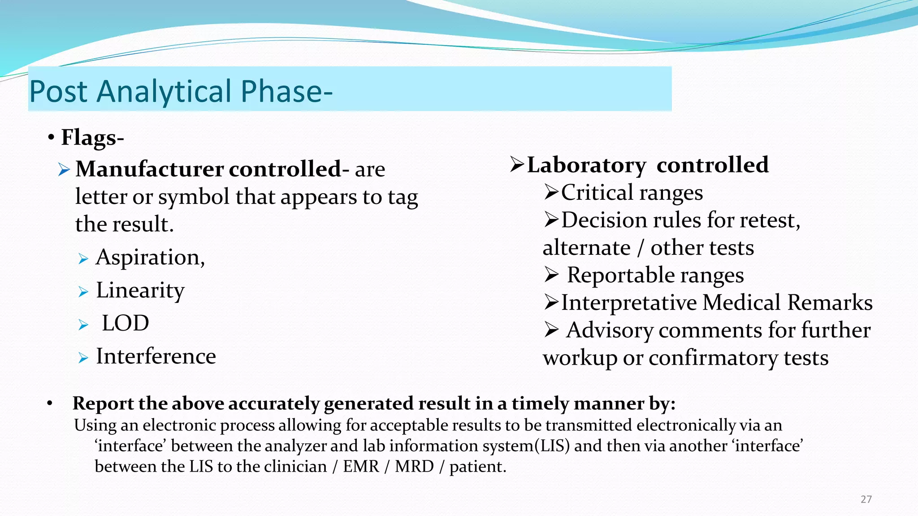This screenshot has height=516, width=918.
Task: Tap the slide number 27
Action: point(866,499)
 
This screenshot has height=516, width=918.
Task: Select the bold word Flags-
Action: point(92,137)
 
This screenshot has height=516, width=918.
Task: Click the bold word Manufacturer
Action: point(149,169)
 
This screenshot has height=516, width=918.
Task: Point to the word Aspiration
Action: point(150,258)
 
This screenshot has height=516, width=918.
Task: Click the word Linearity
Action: point(140,290)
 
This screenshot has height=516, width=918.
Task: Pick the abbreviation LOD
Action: point(125,323)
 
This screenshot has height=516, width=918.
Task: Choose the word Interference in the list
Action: point(156,357)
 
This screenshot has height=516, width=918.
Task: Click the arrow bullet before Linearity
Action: point(83,292)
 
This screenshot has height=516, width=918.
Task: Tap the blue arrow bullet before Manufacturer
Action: point(64,170)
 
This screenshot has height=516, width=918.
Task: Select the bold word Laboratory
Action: point(586,165)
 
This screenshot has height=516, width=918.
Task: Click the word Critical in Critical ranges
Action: point(597,193)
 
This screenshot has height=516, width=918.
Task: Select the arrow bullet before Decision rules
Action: point(551,220)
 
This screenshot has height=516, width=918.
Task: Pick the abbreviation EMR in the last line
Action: point(361,466)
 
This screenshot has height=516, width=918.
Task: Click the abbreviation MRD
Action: point(414,466)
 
